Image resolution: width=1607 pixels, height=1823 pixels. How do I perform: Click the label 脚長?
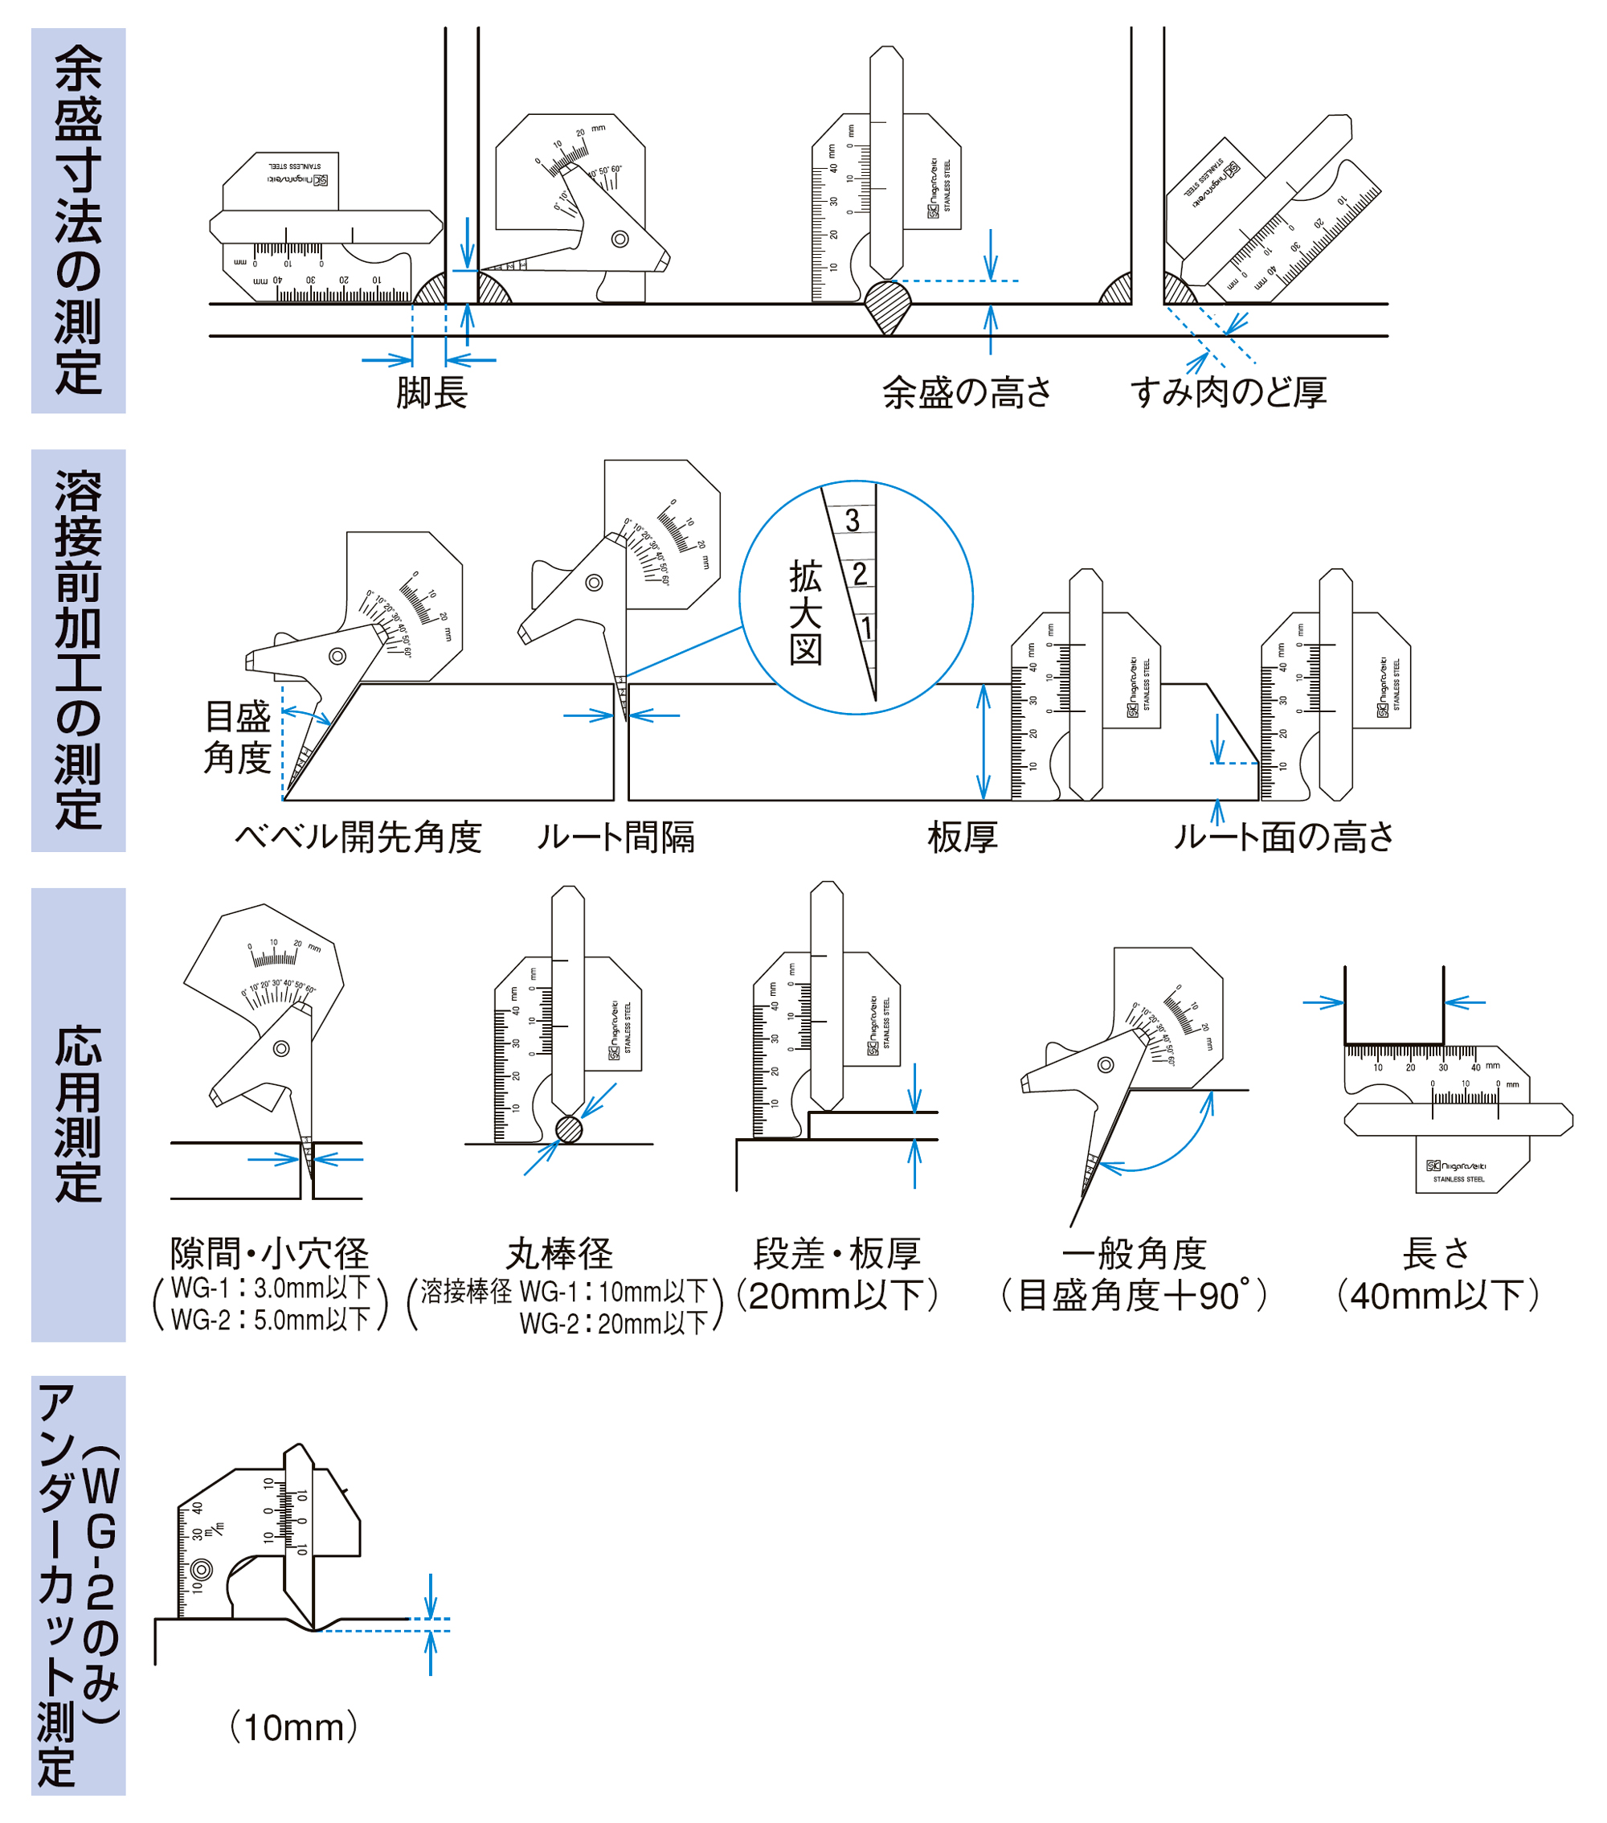(431, 393)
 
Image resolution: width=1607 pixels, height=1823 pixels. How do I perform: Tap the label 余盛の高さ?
(967, 393)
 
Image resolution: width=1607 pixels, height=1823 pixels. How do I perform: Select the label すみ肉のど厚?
(1228, 393)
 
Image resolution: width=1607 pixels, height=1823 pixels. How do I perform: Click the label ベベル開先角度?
(358, 838)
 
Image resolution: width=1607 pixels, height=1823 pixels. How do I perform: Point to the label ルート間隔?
(615, 838)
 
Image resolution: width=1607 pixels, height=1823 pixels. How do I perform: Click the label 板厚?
(963, 838)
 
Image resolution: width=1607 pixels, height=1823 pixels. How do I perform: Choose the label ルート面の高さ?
(1283, 838)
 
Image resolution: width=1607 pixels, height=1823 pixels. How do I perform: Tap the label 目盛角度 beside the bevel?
(237, 737)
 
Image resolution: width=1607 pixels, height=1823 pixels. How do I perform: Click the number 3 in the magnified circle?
(853, 521)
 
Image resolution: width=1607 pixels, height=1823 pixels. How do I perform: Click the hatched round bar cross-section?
(569, 1130)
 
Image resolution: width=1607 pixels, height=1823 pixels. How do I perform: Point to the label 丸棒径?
(559, 1254)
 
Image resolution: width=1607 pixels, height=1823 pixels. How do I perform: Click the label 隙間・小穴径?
(269, 1254)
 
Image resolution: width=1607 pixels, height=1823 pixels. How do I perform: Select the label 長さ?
(1436, 1254)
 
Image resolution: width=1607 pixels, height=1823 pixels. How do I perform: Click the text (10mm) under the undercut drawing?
(293, 1727)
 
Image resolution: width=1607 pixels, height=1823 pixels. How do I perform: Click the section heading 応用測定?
(79, 1114)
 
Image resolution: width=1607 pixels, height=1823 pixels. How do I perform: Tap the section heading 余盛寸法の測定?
(79, 220)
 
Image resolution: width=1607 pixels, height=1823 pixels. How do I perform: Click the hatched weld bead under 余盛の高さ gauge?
(888, 304)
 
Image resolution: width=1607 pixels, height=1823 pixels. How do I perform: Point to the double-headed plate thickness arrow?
(983, 742)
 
